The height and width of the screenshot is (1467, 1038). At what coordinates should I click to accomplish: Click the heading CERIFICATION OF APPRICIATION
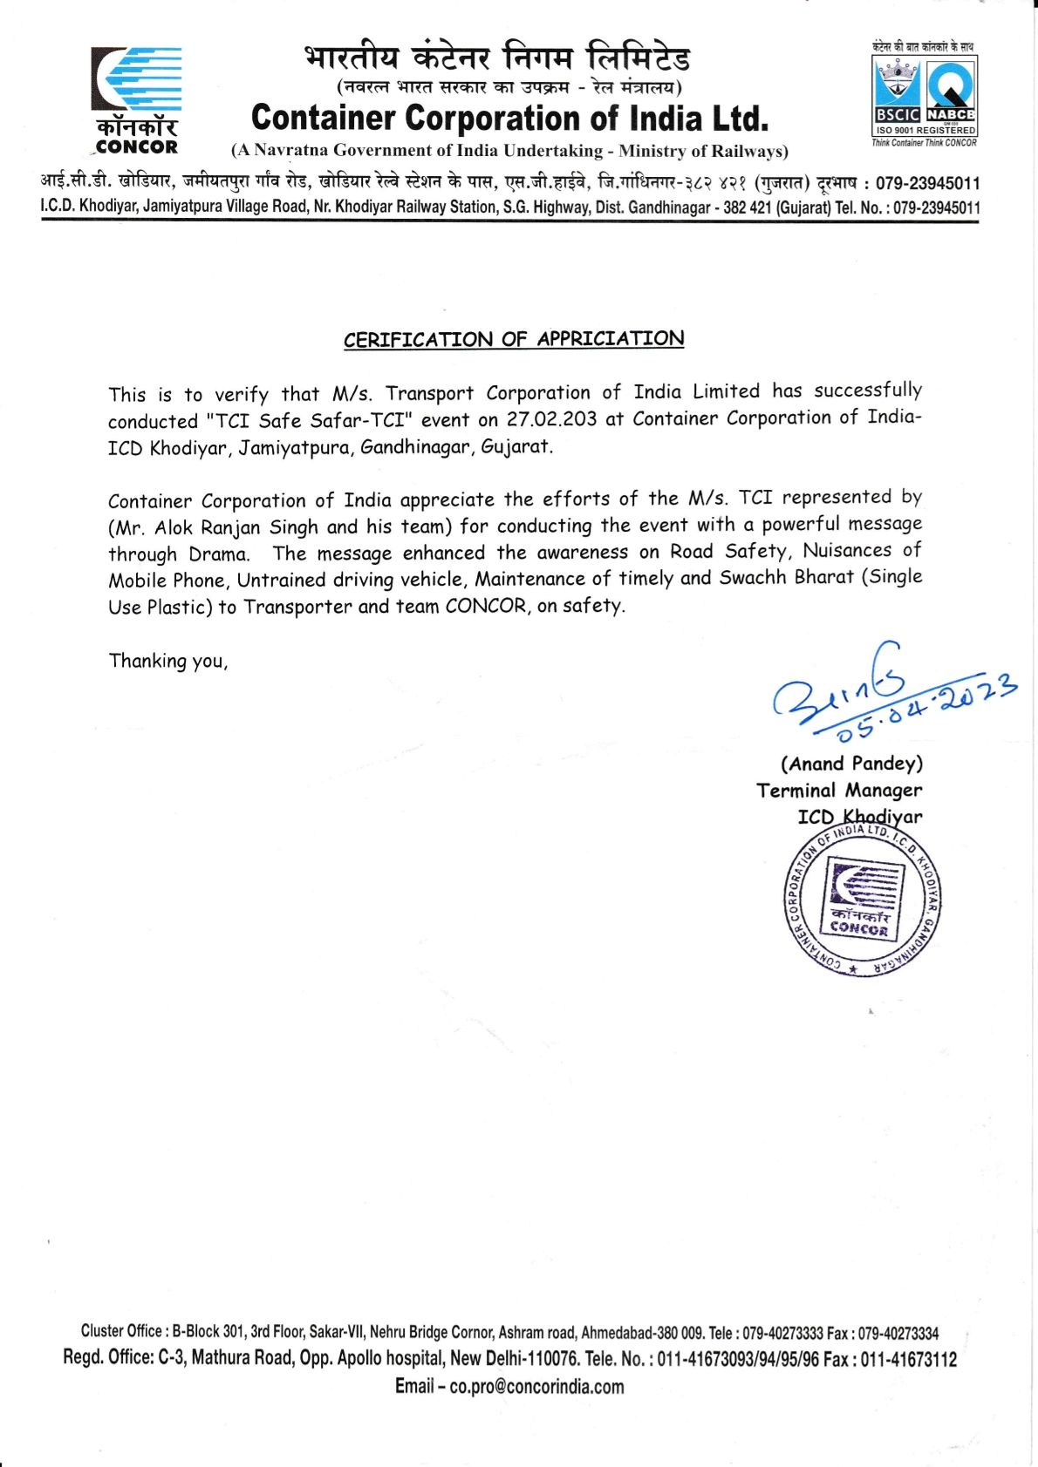(514, 339)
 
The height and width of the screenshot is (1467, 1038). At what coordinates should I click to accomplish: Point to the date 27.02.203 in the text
(552, 419)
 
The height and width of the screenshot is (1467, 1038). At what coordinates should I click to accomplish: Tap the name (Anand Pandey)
(851, 764)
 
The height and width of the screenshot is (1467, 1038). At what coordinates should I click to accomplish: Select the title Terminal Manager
(839, 791)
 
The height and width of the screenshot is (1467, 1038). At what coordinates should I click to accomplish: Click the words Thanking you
(168, 661)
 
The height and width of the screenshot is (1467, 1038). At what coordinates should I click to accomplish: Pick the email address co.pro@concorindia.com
(536, 1387)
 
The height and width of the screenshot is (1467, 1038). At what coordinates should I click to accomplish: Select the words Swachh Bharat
(786, 578)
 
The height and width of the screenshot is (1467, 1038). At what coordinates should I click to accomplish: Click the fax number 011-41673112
(908, 1359)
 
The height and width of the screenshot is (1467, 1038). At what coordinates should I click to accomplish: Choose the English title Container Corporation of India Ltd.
(510, 118)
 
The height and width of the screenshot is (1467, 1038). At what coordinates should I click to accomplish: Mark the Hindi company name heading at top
(497, 58)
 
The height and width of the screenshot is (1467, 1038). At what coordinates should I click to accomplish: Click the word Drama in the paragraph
(218, 554)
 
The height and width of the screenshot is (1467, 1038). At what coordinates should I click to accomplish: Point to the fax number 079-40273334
(898, 1333)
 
